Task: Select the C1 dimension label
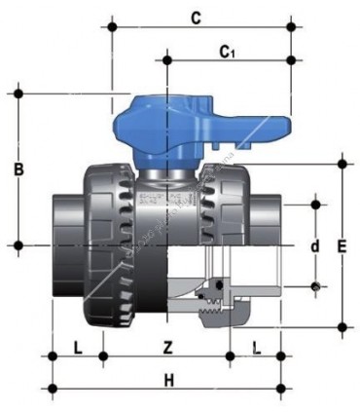[x=227, y=49]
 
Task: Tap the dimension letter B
[x=18, y=169]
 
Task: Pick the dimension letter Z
[x=167, y=346]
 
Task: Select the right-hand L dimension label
[x=256, y=346]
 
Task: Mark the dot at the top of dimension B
[x=18, y=94]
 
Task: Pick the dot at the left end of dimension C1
[x=167, y=60]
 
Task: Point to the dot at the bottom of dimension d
[x=314, y=286]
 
